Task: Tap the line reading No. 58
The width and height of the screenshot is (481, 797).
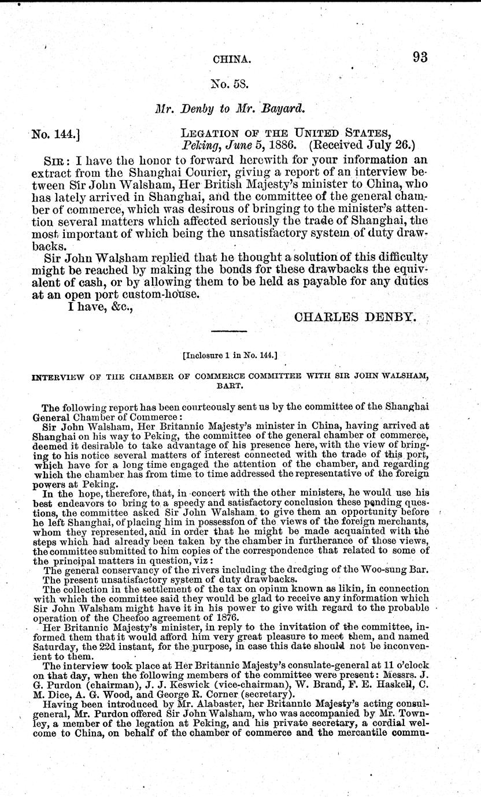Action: point(230,83)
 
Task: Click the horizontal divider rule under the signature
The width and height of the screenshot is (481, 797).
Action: point(230,332)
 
